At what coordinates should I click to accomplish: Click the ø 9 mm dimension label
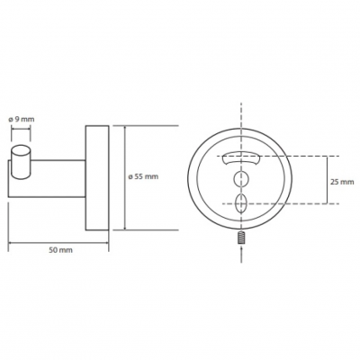coord(21,119)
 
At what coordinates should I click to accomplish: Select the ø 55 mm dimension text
coord(143,176)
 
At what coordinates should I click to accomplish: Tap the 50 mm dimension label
coord(60,250)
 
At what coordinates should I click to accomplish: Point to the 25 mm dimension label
coord(342,182)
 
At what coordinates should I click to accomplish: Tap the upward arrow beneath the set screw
coord(241,254)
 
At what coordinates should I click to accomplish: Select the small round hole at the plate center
coord(241,179)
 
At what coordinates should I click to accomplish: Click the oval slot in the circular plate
coord(241,203)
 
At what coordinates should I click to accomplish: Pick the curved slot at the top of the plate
coord(241,157)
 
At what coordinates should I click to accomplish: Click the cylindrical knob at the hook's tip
coord(21,163)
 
